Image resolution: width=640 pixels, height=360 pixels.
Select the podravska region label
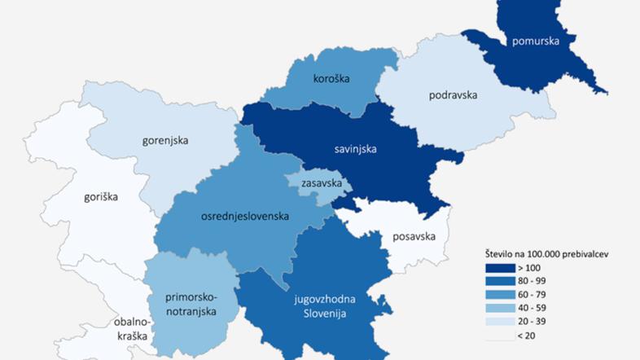452,94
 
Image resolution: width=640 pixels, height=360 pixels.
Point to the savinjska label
354,149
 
